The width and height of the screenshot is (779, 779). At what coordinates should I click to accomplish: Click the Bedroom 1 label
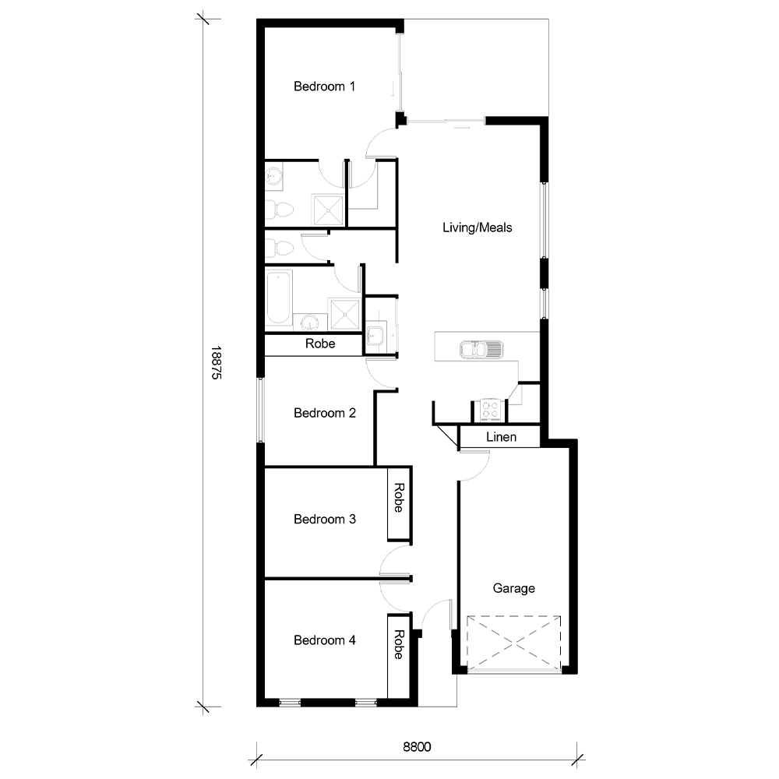[x=324, y=86]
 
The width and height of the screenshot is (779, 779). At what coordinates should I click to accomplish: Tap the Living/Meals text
[x=477, y=227]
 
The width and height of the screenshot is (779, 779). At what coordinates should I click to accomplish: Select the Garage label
[x=513, y=588]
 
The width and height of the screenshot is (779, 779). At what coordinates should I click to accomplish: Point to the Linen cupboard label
[x=501, y=437]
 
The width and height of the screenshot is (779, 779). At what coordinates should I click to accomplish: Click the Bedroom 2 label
[x=324, y=413]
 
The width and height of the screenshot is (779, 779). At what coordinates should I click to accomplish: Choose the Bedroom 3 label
[x=324, y=519]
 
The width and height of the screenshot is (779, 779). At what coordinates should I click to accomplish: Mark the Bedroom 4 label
[x=324, y=640]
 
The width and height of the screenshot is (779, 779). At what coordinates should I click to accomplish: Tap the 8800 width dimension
[x=417, y=747]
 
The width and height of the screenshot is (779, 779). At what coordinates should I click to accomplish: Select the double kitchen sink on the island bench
[x=481, y=350]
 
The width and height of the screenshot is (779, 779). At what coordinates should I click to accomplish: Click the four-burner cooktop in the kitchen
[x=489, y=409]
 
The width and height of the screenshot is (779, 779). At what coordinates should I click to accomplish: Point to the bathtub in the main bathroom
[x=278, y=296]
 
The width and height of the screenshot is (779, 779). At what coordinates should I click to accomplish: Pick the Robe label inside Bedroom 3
[x=399, y=499]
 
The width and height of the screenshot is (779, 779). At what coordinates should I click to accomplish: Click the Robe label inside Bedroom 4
[x=399, y=645]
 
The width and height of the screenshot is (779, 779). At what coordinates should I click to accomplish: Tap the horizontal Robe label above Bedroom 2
[x=320, y=344]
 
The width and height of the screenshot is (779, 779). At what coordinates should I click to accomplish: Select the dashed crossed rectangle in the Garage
[x=513, y=643]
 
